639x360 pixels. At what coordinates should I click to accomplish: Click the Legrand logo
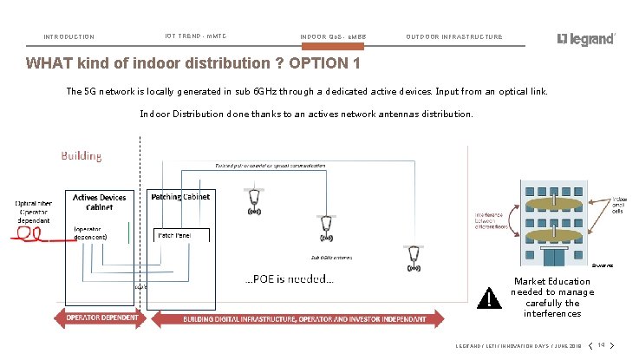click(586, 39)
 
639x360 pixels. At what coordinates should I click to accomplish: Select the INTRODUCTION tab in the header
click(69, 37)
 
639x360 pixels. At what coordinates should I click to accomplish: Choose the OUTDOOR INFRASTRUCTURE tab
click(453, 37)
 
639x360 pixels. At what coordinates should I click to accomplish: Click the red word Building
click(81, 156)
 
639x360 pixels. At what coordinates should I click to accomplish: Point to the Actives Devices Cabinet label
click(99, 202)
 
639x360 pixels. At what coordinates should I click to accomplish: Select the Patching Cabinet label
click(180, 197)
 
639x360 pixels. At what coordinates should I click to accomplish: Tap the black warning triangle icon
click(490, 298)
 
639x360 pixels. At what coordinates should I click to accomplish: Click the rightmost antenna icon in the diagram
click(415, 257)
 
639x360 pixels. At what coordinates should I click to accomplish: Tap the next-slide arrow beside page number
click(611, 344)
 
